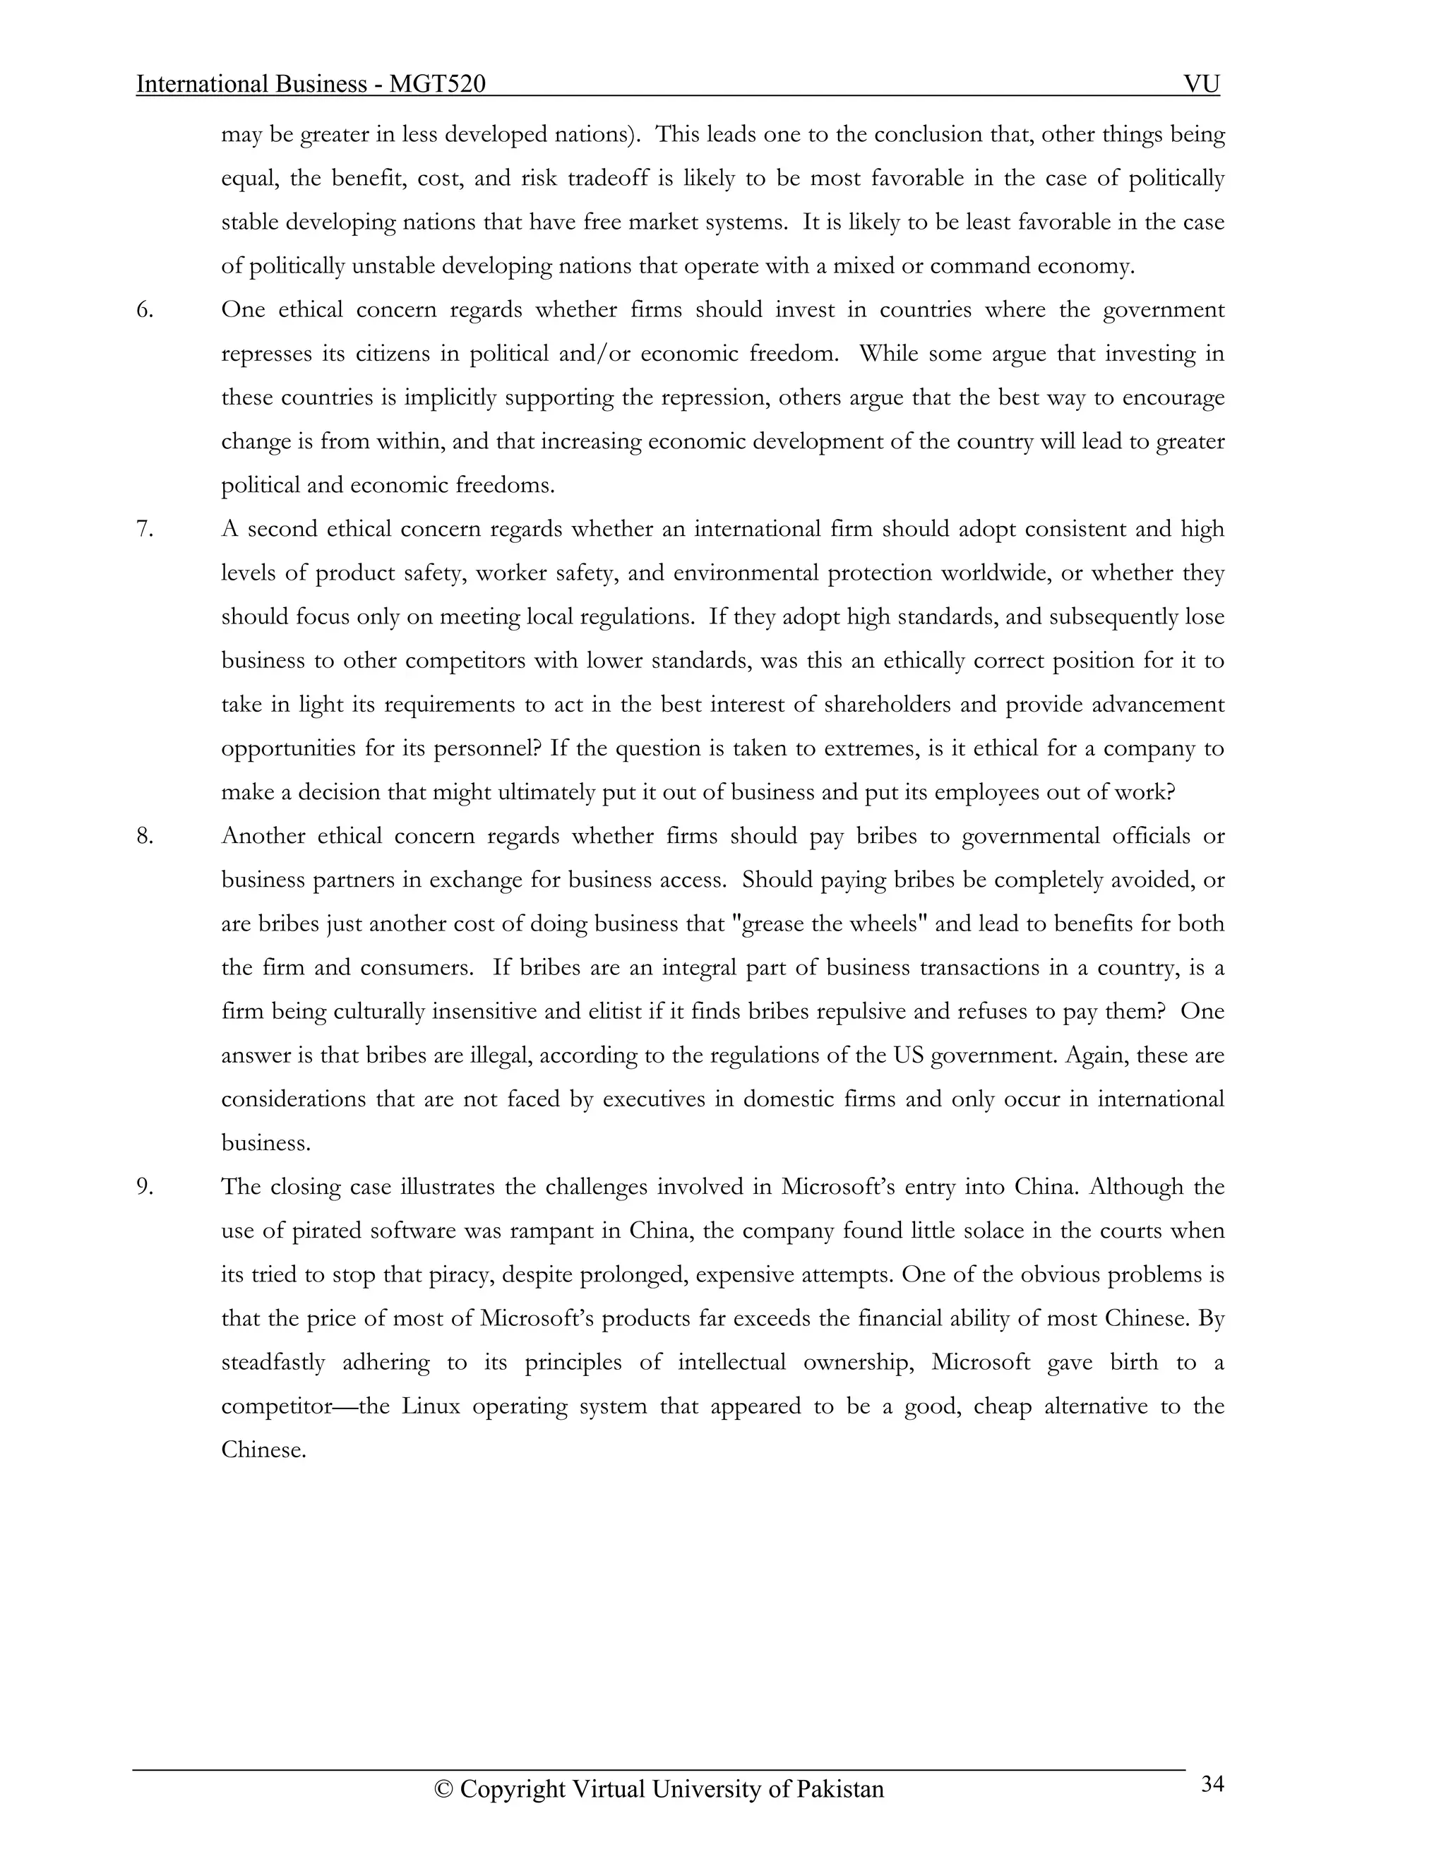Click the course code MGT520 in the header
click(437, 84)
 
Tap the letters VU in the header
click(1201, 84)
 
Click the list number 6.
click(145, 310)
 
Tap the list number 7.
click(145, 530)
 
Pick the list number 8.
click(145, 836)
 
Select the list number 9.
click(145, 1188)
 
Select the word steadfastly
click(273, 1363)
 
